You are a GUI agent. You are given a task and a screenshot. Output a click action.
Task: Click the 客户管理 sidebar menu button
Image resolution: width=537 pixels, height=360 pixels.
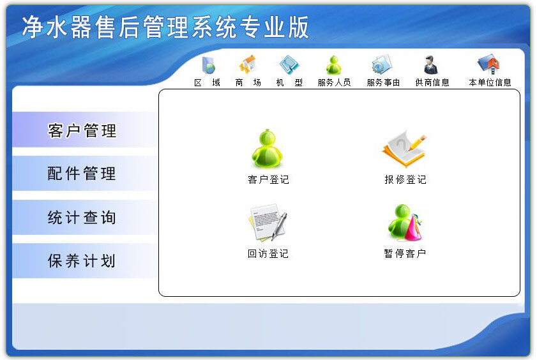click(x=82, y=131)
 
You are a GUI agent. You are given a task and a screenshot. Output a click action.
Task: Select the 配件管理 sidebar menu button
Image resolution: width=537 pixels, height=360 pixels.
click(x=82, y=174)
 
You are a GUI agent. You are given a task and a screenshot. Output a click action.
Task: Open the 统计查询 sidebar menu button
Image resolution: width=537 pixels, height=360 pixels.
click(x=82, y=218)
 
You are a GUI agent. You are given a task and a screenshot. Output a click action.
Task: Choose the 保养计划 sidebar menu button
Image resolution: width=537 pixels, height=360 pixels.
click(x=82, y=261)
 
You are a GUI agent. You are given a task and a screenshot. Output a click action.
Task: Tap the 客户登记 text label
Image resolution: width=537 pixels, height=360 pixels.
click(x=268, y=180)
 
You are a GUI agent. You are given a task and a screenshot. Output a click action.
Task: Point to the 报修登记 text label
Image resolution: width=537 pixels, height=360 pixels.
click(x=405, y=180)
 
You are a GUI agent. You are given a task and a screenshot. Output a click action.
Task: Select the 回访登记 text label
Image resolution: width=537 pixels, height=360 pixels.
click(x=268, y=254)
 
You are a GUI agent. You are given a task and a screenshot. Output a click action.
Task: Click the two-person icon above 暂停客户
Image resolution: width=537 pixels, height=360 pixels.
click(x=404, y=223)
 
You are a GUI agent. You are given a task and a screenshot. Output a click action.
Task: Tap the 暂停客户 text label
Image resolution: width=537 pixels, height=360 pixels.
click(x=405, y=254)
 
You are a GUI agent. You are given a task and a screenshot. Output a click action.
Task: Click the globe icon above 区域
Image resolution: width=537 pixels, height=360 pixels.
click(x=208, y=65)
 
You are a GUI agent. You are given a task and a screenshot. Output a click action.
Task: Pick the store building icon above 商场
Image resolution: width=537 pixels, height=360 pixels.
click(x=248, y=65)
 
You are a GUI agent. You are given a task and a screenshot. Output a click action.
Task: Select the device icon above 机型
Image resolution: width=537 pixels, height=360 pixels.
click(x=289, y=65)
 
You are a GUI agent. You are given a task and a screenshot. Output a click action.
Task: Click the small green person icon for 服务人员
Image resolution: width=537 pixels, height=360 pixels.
click(x=334, y=65)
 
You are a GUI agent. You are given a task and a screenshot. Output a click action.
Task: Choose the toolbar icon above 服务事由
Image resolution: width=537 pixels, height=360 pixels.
click(x=382, y=65)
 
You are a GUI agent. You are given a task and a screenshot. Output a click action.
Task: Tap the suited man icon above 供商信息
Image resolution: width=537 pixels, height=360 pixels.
click(x=431, y=65)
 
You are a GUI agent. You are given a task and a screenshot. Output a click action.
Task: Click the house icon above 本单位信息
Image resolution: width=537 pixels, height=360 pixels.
click(x=489, y=65)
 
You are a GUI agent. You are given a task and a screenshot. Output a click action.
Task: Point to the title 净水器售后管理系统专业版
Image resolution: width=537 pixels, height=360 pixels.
click(x=165, y=27)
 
